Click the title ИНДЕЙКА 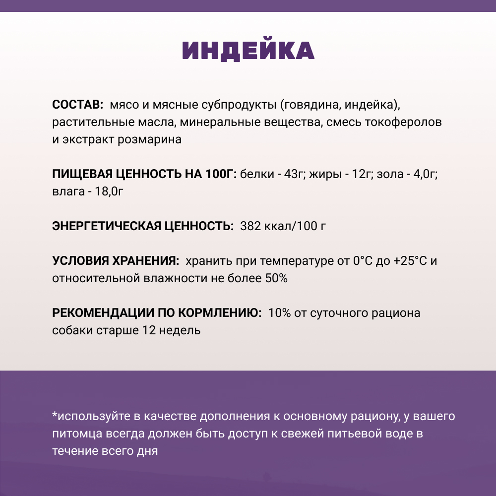(248, 51)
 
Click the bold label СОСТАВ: (77, 105)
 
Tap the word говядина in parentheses (303, 105)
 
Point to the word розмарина (149, 139)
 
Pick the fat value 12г (361, 175)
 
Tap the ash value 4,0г (424, 175)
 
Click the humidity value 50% (276, 278)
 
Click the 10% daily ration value (279, 313)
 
